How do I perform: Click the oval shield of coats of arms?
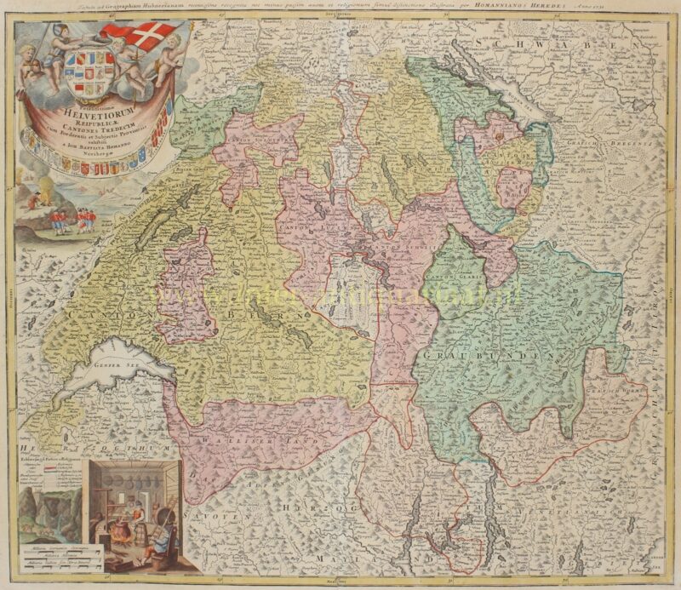86,74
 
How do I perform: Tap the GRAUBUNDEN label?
502,355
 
